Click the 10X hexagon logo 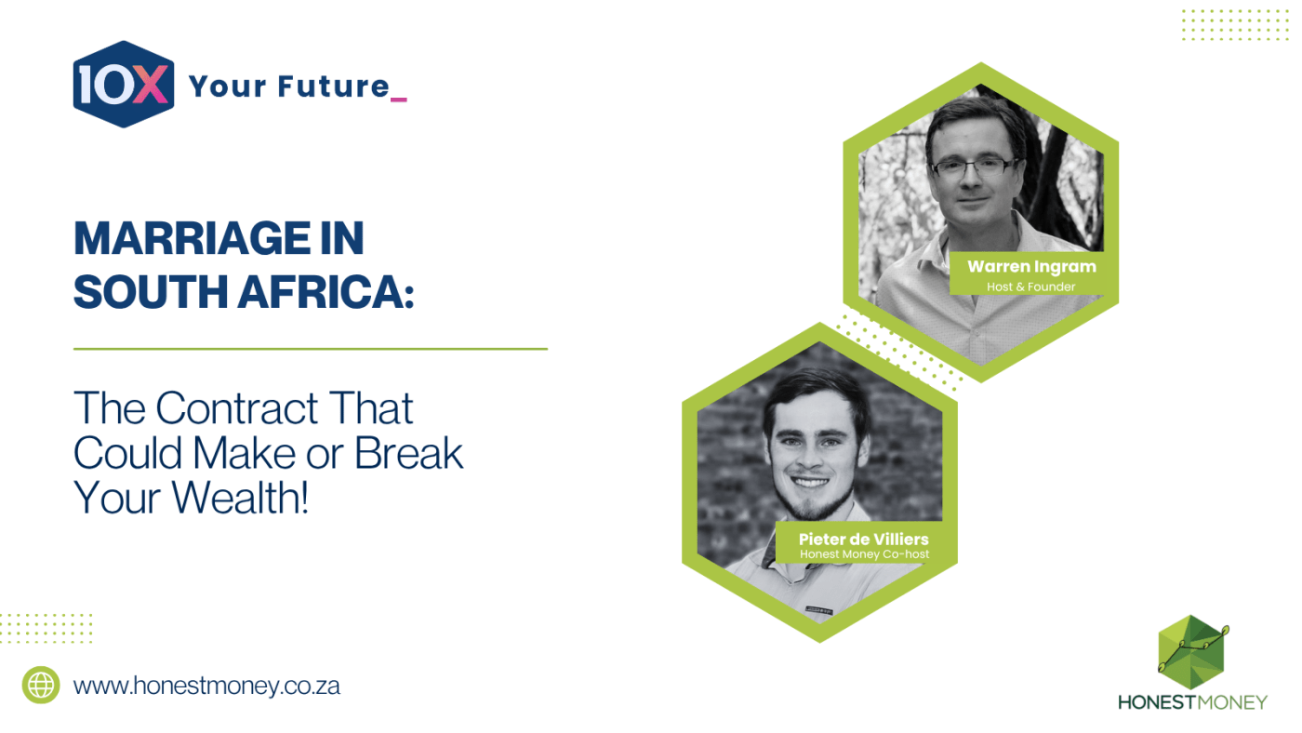[x=124, y=85]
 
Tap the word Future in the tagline [x=333, y=87]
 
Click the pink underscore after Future [x=399, y=100]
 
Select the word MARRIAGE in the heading [x=192, y=238]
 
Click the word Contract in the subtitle [x=237, y=408]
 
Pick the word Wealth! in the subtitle [x=240, y=499]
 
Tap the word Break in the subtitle [x=408, y=453]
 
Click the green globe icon [x=41, y=685]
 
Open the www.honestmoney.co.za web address [x=206, y=686]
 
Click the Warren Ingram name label [x=1031, y=267]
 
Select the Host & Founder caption [x=1031, y=287]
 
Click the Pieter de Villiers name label [x=864, y=539]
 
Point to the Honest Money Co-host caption [x=864, y=554]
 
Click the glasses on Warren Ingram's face [x=974, y=168]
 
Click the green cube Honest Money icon [x=1191, y=652]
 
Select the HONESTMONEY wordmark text [x=1192, y=703]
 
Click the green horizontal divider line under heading [x=311, y=349]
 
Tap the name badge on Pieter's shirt [x=819, y=610]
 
